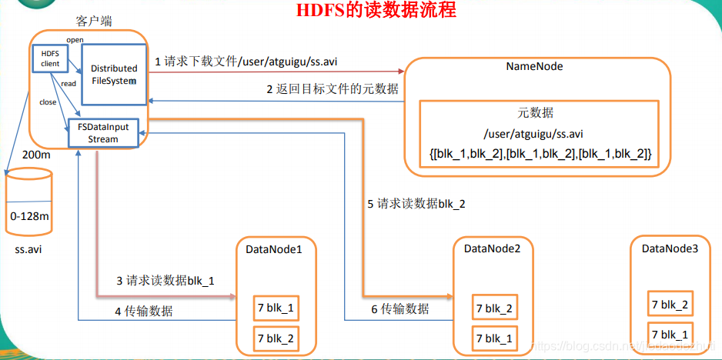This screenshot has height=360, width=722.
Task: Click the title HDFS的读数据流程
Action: (x=376, y=10)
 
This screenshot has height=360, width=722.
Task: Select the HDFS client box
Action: (x=50, y=58)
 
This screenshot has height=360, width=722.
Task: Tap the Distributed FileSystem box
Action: (x=114, y=74)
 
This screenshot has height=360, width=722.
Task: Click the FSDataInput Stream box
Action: (x=103, y=133)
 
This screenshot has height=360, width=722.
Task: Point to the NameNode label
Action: (x=534, y=66)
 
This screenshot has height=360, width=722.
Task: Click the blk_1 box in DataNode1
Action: (x=275, y=308)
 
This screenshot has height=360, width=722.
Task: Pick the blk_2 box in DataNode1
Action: (x=275, y=338)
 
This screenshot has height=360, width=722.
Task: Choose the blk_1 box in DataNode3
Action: (x=670, y=335)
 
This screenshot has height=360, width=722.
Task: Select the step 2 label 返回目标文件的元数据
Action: (x=333, y=88)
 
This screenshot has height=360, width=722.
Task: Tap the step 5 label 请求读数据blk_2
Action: (x=416, y=204)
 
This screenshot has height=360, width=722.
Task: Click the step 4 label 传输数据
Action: (x=143, y=311)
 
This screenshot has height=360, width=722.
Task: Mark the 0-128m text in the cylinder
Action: (x=29, y=216)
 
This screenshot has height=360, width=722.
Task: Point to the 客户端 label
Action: (x=95, y=21)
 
